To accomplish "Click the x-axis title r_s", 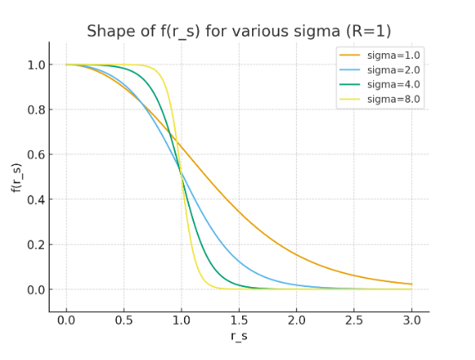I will point(239,336).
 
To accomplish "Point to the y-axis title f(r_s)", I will point(16,177).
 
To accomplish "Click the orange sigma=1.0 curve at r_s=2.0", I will point(297,254).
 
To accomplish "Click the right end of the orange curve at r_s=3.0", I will point(411,285).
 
